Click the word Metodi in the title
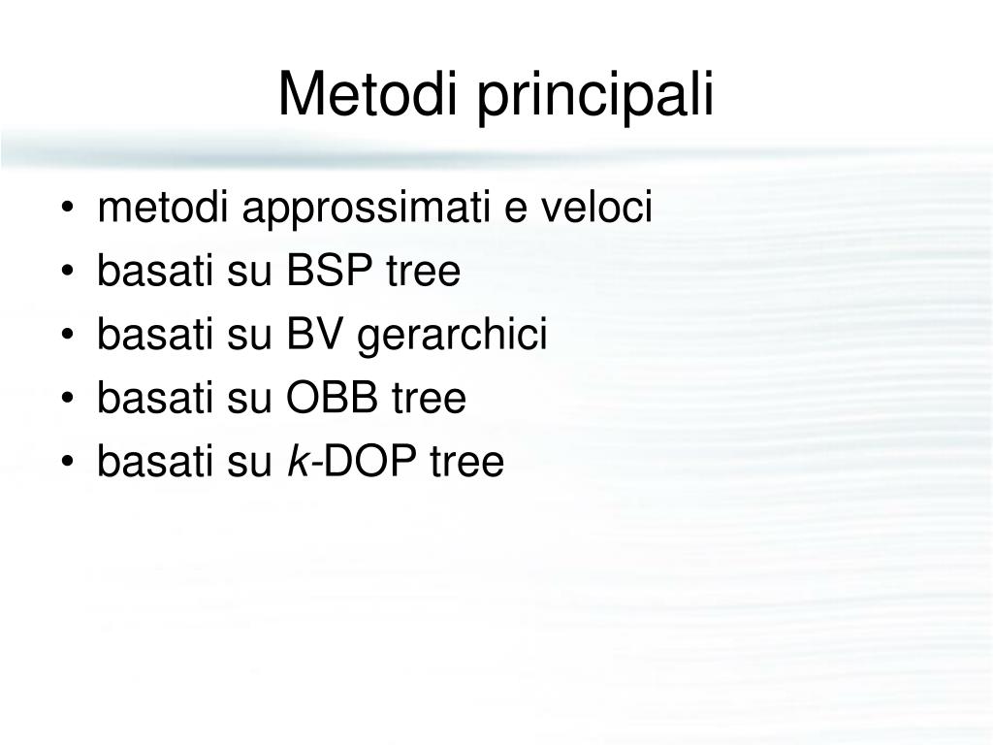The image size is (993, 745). point(368,94)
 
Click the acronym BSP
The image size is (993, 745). point(330,271)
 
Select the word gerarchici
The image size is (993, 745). point(452,337)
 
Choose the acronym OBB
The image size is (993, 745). point(333,397)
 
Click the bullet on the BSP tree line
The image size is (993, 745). point(68,273)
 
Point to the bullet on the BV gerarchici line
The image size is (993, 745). point(68,336)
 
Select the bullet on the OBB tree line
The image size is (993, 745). point(68,399)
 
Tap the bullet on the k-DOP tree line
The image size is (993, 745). point(68,462)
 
